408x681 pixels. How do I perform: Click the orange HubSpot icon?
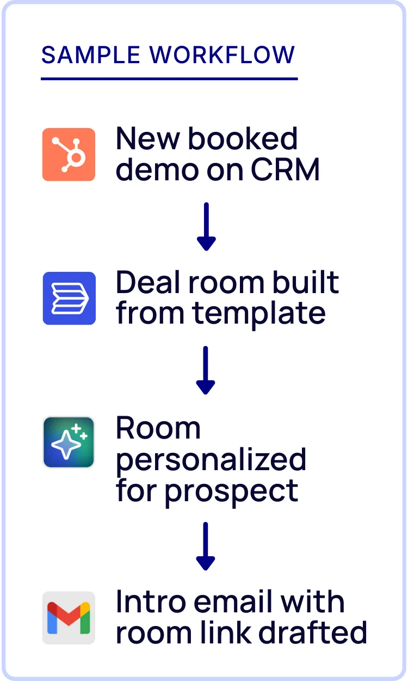(x=69, y=154)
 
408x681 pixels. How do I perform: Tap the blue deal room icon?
(x=69, y=298)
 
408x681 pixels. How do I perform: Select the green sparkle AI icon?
(x=69, y=442)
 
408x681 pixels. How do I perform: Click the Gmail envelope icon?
(x=69, y=618)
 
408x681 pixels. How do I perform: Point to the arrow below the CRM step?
(x=206, y=227)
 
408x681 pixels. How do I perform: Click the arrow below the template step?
(x=206, y=370)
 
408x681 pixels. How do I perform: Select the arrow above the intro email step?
(x=206, y=546)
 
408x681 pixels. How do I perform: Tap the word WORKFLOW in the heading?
(x=222, y=55)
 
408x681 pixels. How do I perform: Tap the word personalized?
(x=211, y=460)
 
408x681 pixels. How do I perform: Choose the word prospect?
(x=231, y=491)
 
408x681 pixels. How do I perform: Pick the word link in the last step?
(x=226, y=633)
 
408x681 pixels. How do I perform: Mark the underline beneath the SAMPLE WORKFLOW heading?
(x=169, y=79)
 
